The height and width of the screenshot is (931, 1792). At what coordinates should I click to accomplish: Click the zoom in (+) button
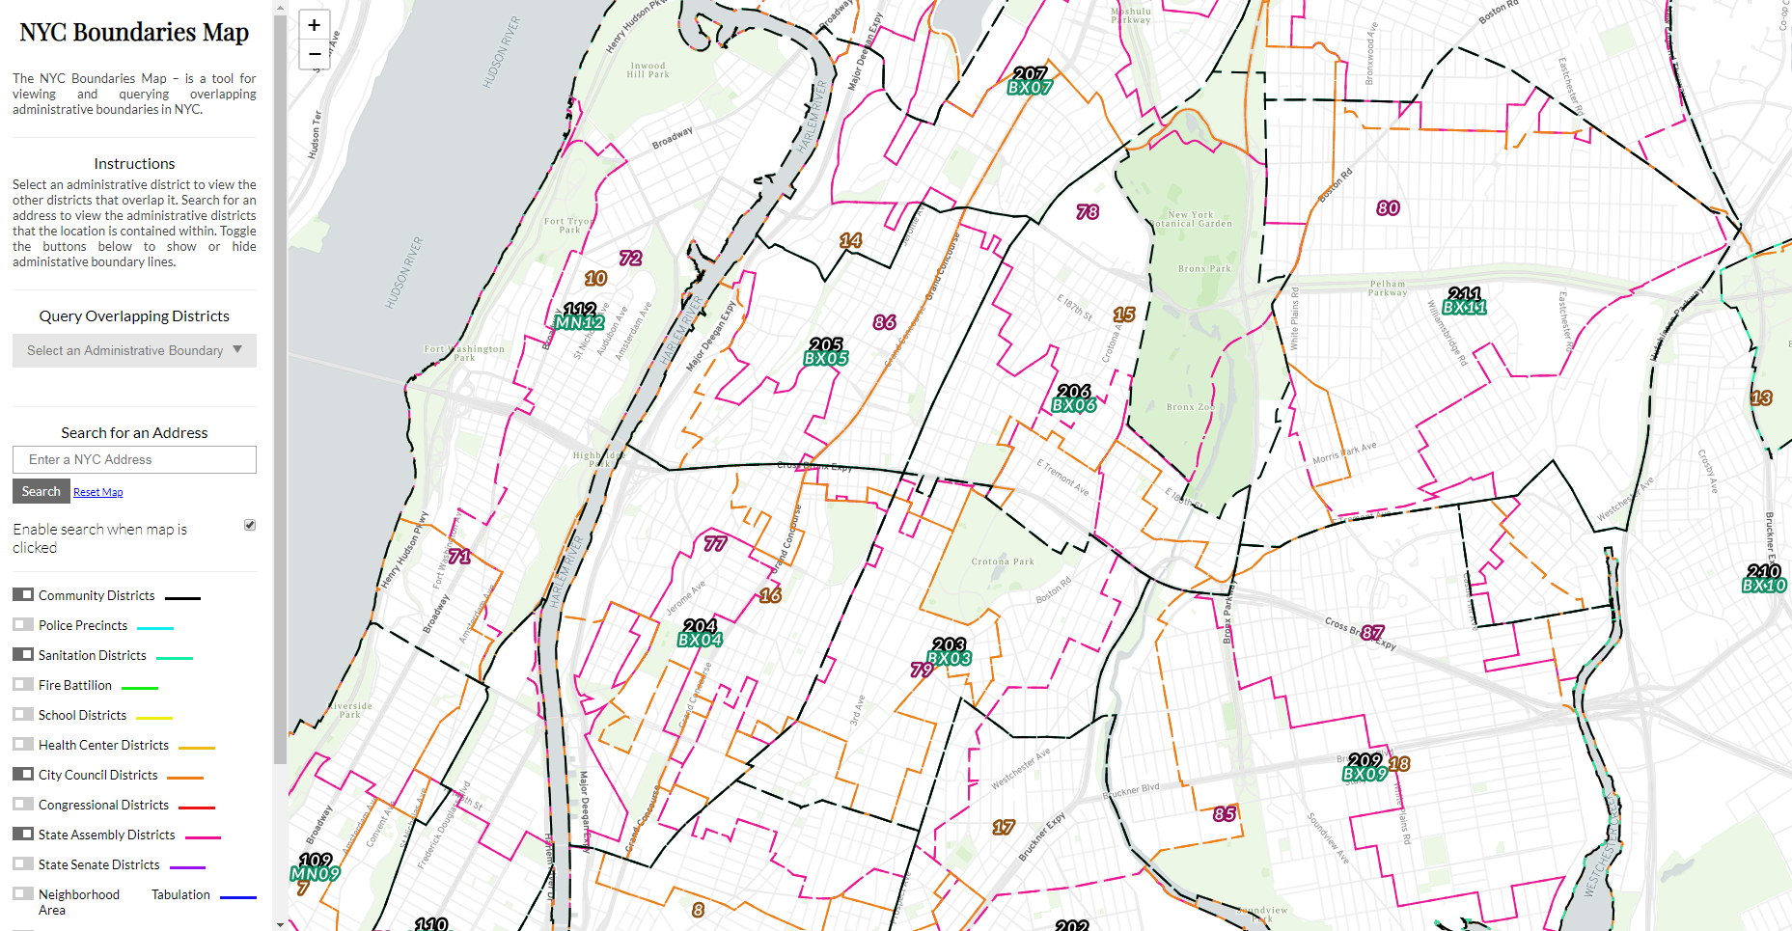click(x=314, y=25)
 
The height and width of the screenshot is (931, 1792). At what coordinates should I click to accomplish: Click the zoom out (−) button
click(x=314, y=54)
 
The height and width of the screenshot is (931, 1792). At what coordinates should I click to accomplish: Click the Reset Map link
click(x=97, y=492)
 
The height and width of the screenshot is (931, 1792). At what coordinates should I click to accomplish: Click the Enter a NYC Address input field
click(x=134, y=459)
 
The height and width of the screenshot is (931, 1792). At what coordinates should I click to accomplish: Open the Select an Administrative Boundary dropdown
click(x=134, y=350)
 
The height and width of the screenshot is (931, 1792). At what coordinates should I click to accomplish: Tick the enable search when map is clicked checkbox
click(x=250, y=525)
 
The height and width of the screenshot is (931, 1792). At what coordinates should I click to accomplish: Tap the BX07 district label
click(x=1030, y=87)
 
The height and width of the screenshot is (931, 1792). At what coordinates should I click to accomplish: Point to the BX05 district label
click(x=826, y=358)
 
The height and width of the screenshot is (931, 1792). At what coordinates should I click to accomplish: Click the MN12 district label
click(x=580, y=322)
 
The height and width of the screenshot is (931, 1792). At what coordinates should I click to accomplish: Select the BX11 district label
click(x=1464, y=307)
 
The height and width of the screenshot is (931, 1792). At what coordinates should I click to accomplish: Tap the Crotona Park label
click(x=1002, y=561)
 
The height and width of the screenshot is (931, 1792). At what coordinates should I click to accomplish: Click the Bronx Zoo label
click(x=1190, y=407)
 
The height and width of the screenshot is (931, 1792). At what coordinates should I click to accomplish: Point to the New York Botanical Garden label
click(x=1191, y=219)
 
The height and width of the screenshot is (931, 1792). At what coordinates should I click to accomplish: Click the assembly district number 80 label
click(x=1388, y=208)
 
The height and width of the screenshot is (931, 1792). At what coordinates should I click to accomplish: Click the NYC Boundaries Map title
click(x=134, y=33)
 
